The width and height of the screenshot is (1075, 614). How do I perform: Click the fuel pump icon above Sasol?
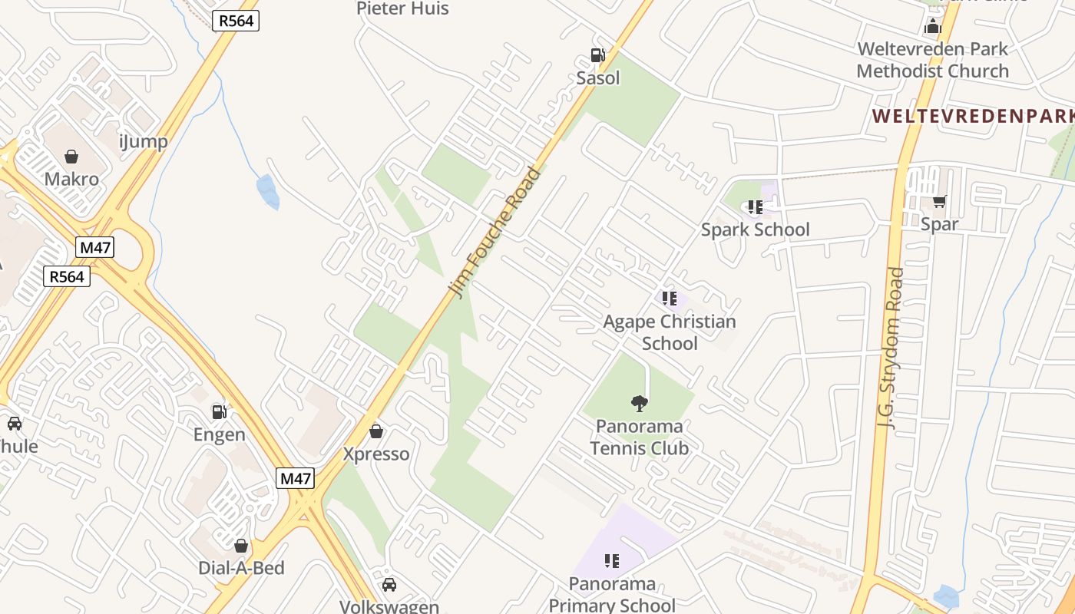597,55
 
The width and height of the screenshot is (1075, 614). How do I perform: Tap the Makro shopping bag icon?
71,157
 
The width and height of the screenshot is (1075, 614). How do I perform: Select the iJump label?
144,141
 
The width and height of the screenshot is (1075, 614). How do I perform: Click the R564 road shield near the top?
236,21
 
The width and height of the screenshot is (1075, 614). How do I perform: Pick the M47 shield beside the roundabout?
95,247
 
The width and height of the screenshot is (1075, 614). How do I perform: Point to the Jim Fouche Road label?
495,233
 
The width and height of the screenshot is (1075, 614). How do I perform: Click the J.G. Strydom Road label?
891,346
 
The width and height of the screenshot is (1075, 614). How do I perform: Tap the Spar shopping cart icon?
939,202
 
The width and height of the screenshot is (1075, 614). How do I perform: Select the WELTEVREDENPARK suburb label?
973,117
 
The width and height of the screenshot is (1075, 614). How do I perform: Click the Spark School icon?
755,207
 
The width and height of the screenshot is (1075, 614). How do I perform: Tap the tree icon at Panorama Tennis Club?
639,403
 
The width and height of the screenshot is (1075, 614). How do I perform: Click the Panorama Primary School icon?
612,561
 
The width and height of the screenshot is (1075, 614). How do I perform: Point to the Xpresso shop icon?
376,431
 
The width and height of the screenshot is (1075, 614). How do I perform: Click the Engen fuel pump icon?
220,412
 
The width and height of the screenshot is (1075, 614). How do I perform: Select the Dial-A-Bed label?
241,568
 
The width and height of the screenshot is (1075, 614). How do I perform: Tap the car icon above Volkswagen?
389,585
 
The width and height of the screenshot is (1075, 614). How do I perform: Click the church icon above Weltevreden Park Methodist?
933,27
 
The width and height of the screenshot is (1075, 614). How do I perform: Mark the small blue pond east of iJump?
268,192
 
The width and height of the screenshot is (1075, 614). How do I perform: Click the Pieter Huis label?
402,8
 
